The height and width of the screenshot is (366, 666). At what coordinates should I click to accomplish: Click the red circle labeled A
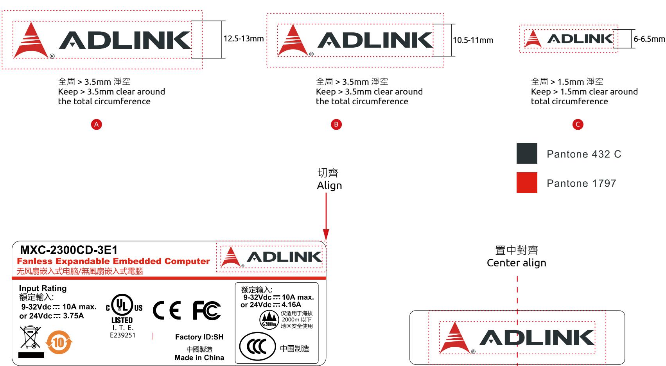coord(96,124)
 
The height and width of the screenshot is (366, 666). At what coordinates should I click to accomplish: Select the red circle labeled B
coord(336,124)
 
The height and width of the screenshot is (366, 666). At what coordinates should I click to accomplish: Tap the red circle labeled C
coord(578,124)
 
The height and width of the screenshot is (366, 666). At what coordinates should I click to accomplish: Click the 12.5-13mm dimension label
coord(244,39)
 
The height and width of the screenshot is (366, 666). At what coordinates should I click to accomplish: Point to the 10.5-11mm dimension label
coord(473,40)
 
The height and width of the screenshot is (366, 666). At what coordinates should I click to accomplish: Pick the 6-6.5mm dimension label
coord(649,39)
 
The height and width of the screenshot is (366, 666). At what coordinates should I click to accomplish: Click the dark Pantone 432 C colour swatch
coord(527,153)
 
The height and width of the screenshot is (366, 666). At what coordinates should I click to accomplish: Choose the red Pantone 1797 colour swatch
coord(527,182)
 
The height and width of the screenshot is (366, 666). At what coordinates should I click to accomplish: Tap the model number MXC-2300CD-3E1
coord(69,250)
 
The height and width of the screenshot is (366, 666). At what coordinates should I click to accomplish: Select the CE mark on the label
coord(167,310)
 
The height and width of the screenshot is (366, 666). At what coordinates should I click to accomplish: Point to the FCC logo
coord(207,310)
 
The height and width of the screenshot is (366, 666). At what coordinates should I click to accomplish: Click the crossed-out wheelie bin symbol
coord(30,337)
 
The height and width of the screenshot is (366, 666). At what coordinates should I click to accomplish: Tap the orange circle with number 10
coord(59,342)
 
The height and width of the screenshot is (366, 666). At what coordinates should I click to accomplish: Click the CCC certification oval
coord(257,346)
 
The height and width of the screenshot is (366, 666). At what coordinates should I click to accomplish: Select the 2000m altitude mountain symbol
coord(269,320)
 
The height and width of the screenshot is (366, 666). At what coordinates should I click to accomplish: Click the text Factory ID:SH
coord(199,337)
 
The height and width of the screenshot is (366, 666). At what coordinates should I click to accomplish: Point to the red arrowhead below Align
coord(326,234)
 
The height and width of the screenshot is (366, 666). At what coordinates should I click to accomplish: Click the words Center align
coord(517,263)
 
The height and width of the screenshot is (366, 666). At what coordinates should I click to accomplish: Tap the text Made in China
coord(199,358)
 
